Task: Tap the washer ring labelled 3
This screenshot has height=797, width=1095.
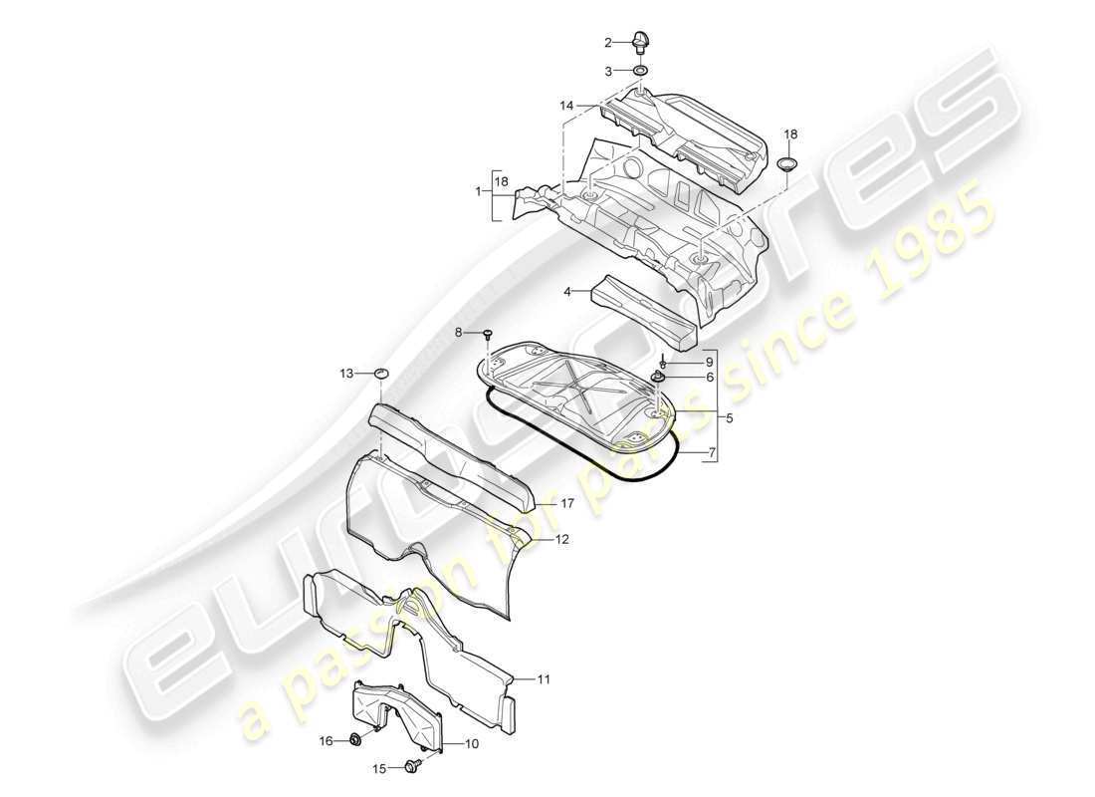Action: [x=639, y=71]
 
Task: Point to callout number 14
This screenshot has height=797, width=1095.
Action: [x=566, y=105]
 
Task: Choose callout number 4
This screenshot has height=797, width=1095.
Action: [x=567, y=292]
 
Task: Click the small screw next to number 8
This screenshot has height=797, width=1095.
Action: [x=489, y=334]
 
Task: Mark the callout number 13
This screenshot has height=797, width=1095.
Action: [x=345, y=374]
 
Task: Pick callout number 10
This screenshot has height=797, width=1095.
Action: [x=472, y=743]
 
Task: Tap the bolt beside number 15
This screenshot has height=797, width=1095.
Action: [x=410, y=766]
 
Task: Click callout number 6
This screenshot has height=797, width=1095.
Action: [x=681, y=378]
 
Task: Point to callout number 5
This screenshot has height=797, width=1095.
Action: [x=730, y=419]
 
